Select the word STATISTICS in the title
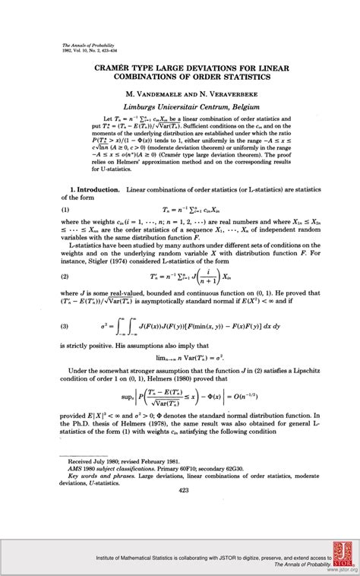(257, 81)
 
